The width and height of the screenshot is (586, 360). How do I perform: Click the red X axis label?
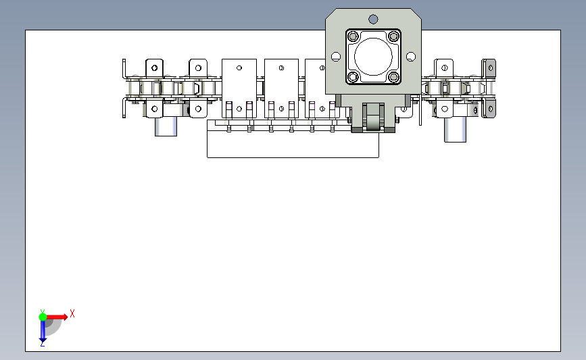pyautogui.click(x=72, y=313)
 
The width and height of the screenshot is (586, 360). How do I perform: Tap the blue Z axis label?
pyautogui.click(x=42, y=344)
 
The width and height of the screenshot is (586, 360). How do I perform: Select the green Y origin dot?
pyautogui.click(x=43, y=317)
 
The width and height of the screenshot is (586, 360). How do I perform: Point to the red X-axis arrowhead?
pyautogui.click(x=65, y=317)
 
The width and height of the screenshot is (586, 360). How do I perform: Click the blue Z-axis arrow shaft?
pyautogui.click(x=43, y=330)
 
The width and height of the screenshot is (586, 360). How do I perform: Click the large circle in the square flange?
pyautogui.click(x=373, y=57)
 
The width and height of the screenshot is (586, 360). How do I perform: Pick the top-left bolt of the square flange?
pyautogui.click(x=353, y=36)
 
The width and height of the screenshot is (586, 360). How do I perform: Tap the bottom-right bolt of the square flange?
pyautogui.click(x=393, y=77)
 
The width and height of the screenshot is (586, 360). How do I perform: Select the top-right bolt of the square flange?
pyautogui.click(x=393, y=36)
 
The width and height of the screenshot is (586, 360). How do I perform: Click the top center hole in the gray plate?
pyautogui.click(x=373, y=19)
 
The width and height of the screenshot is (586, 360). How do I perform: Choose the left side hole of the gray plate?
pyautogui.click(x=336, y=57)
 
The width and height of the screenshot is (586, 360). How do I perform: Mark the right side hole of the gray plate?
pyautogui.click(x=411, y=57)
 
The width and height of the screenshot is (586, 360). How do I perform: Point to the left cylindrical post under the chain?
pyautogui.click(x=166, y=126)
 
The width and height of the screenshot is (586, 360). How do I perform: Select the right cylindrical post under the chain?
pyautogui.click(x=455, y=130)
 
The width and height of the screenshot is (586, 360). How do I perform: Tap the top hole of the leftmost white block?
pyautogui.click(x=239, y=68)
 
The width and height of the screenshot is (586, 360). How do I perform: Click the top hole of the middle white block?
pyautogui.click(x=281, y=68)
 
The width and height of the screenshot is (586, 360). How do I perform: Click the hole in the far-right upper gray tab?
pyautogui.click(x=490, y=68)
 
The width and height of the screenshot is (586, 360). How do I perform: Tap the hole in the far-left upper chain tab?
pyautogui.click(x=154, y=68)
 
